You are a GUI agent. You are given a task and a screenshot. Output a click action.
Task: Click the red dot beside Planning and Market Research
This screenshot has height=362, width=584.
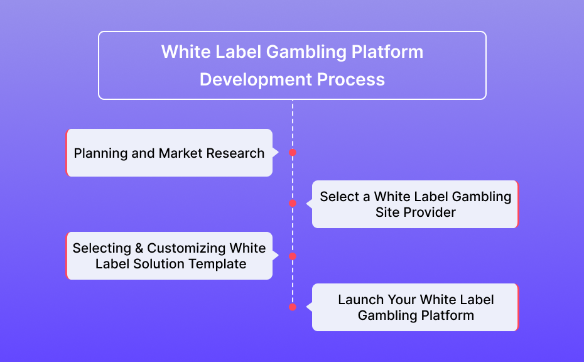click(293, 153)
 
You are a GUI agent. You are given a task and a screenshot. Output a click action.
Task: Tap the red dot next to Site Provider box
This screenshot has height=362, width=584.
click(293, 203)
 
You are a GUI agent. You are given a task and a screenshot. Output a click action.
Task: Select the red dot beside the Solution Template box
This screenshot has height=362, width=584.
click(293, 256)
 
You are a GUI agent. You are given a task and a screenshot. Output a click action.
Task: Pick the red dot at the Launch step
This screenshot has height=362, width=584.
click(293, 307)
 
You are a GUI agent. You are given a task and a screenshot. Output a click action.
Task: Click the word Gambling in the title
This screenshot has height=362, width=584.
click(306, 52)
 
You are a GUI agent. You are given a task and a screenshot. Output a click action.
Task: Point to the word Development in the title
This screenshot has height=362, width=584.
click(256, 80)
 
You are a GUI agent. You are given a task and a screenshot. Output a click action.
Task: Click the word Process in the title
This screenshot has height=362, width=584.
click(351, 79)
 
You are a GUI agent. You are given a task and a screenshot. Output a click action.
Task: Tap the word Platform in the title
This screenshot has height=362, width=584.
click(387, 52)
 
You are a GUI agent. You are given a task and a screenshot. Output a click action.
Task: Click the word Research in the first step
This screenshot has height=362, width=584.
click(235, 153)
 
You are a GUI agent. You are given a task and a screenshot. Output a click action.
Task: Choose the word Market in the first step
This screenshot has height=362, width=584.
click(181, 153)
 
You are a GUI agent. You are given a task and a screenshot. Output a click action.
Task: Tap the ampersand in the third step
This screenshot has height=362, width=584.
click(139, 248)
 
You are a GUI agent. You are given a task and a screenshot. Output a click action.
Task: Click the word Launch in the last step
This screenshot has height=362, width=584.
click(361, 299)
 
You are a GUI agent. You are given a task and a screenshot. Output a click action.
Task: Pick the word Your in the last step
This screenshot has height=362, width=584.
click(402, 299)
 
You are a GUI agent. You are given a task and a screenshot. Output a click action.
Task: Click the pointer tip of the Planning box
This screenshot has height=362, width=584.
click(278, 153)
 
